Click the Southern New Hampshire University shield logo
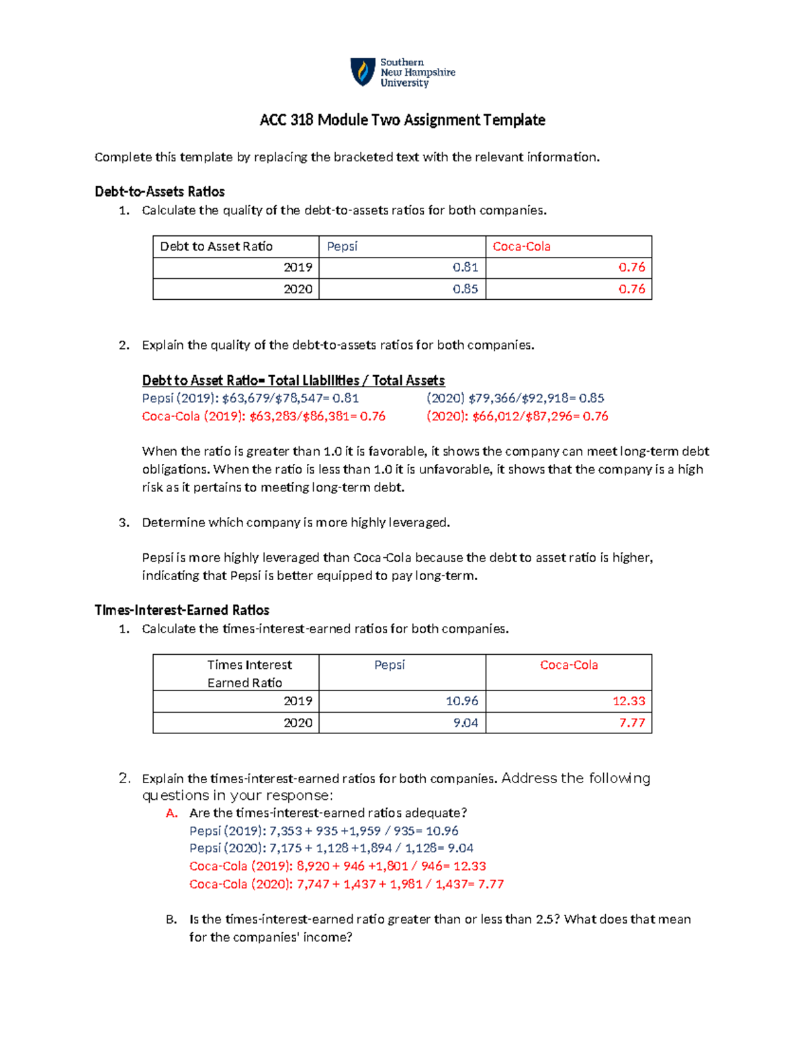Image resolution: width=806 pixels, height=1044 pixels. pos(363,72)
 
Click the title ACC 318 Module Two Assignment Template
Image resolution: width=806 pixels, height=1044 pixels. pos(402,120)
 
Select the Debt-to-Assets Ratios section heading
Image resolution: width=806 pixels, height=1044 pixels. pos(160,192)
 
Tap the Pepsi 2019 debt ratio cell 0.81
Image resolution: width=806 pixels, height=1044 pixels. pos(465,268)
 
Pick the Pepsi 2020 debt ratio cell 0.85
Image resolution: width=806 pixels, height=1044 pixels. pos(465,289)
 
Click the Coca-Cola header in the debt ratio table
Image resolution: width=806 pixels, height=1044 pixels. pos(521,247)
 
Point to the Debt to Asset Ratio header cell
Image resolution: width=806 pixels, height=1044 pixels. pos(216,247)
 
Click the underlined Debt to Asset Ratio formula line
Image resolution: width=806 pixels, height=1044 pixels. pos(293,380)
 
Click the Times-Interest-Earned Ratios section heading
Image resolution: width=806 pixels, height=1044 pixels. pos(182,610)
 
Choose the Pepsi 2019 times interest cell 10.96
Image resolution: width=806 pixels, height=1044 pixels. pos(461,701)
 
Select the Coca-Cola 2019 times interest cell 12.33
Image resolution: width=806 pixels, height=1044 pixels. pos(628,701)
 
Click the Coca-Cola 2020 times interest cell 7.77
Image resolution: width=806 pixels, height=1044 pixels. pos(631,723)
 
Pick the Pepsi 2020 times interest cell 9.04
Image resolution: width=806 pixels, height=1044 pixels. pos(465,723)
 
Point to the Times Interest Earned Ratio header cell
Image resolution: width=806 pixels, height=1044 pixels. pos(249,674)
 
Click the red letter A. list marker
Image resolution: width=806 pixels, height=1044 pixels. pos(172,813)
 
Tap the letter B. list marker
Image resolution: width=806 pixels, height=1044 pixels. pos(171,920)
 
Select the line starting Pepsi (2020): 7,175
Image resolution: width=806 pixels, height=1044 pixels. pos(331,848)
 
